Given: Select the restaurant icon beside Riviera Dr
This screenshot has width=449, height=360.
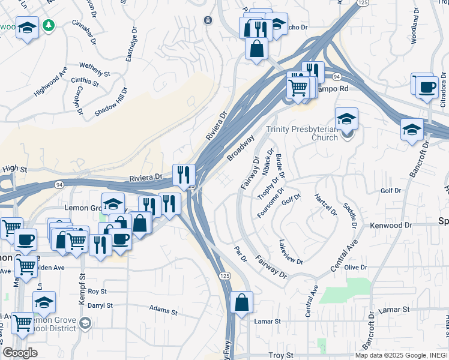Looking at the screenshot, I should pyautogui.click(x=184, y=175).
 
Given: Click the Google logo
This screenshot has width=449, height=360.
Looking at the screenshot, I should pyautogui.click(x=19, y=353).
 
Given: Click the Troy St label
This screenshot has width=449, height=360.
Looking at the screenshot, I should pyautogui.click(x=280, y=355).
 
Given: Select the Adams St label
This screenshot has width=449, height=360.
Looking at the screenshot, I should pyautogui.click(x=163, y=310).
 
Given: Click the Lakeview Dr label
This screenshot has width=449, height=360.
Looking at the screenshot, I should pyautogui.click(x=291, y=252).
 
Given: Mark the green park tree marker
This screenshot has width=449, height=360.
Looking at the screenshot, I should pyautogui.click(x=51, y=26).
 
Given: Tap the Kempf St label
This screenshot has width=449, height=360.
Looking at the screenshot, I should pyautogui.click(x=82, y=285).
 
